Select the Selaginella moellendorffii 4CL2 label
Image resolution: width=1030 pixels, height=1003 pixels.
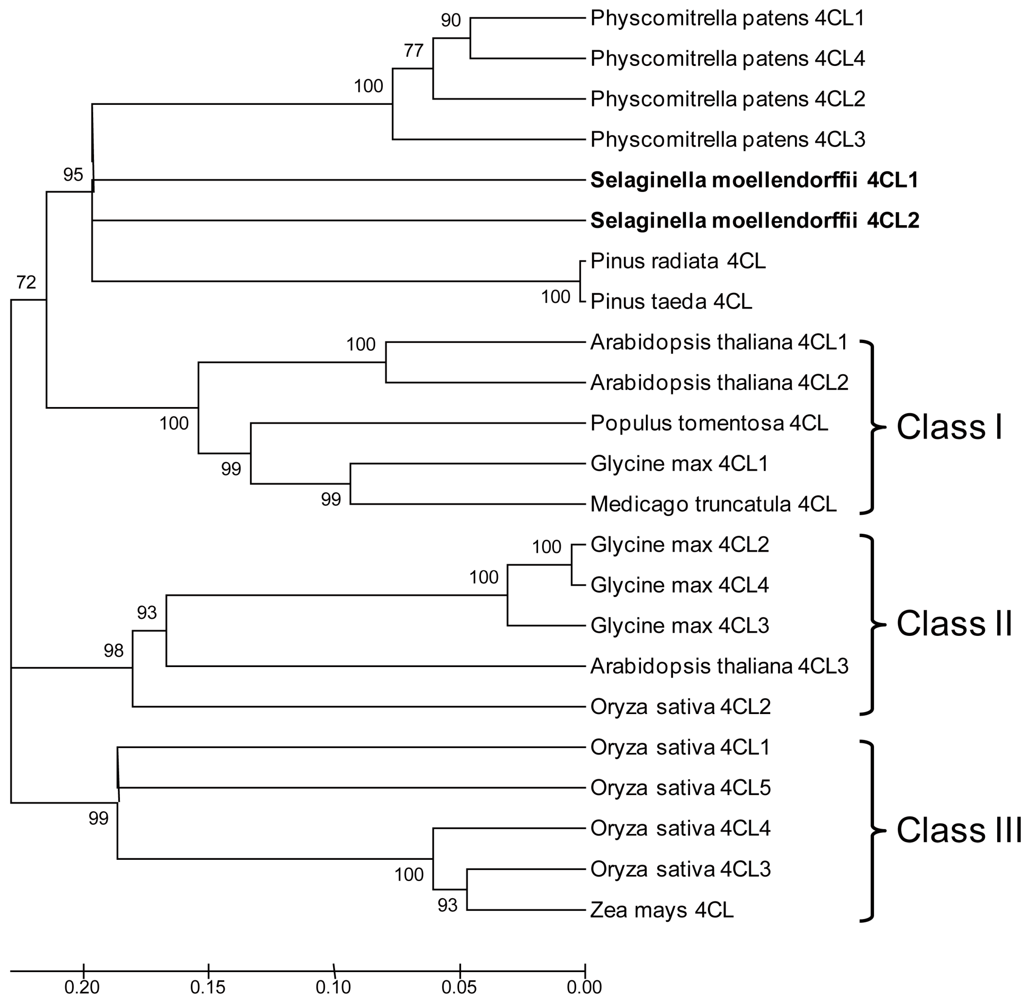(754, 221)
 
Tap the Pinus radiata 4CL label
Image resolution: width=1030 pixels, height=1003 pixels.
(678, 261)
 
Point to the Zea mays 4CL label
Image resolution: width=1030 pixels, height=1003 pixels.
(662, 910)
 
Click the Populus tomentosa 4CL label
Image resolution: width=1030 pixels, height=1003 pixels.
(709, 423)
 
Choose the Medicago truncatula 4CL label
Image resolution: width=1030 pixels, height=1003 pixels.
(713, 504)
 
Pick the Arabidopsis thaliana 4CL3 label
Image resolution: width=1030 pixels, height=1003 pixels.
(719, 666)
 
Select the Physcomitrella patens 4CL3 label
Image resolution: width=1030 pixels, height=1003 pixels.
(727, 140)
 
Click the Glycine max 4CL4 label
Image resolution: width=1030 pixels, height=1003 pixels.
(680, 585)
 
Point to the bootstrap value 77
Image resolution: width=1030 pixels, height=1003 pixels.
(414, 51)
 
